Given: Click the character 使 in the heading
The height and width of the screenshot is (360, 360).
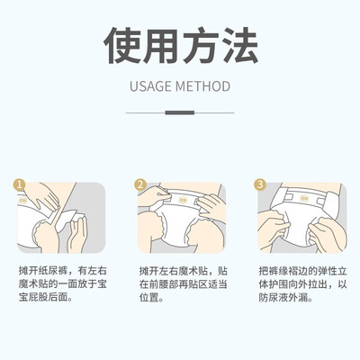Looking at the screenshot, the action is pyautogui.click(x=121, y=45).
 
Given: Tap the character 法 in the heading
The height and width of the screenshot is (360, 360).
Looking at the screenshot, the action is pyautogui.click(x=239, y=45).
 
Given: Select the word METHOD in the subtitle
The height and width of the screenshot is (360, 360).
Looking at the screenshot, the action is pyautogui.click(x=203, y=86).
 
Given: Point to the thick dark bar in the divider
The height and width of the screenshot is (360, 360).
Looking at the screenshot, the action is pyautogui.click(x=180, y=112).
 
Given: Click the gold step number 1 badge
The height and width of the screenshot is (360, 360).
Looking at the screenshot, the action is pyautogui.click(x=20, y=184).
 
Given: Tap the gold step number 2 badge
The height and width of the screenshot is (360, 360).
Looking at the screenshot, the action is pyautogui.click(x=140, y=184).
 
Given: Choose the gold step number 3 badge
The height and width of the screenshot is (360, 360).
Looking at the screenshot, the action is pyautogui.click(x=260, y=184).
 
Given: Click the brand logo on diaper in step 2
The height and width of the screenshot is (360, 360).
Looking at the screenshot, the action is pyautogui.click(x=182, y=199).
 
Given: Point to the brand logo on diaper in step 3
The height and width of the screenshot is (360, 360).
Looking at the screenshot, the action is pyautogui.click(x=303, y=198).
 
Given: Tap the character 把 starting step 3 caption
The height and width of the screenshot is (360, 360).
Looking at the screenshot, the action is pyautogui.click(x=264, y=271).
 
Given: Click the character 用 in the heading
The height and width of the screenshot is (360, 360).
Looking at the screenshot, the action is pyautogui.click(x=160, y=45).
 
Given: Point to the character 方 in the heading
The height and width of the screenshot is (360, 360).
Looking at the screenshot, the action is pyautogui.click(x=200, y=45).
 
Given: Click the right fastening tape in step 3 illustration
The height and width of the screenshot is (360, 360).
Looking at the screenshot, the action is pyautogui.click(x=320, y=200).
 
